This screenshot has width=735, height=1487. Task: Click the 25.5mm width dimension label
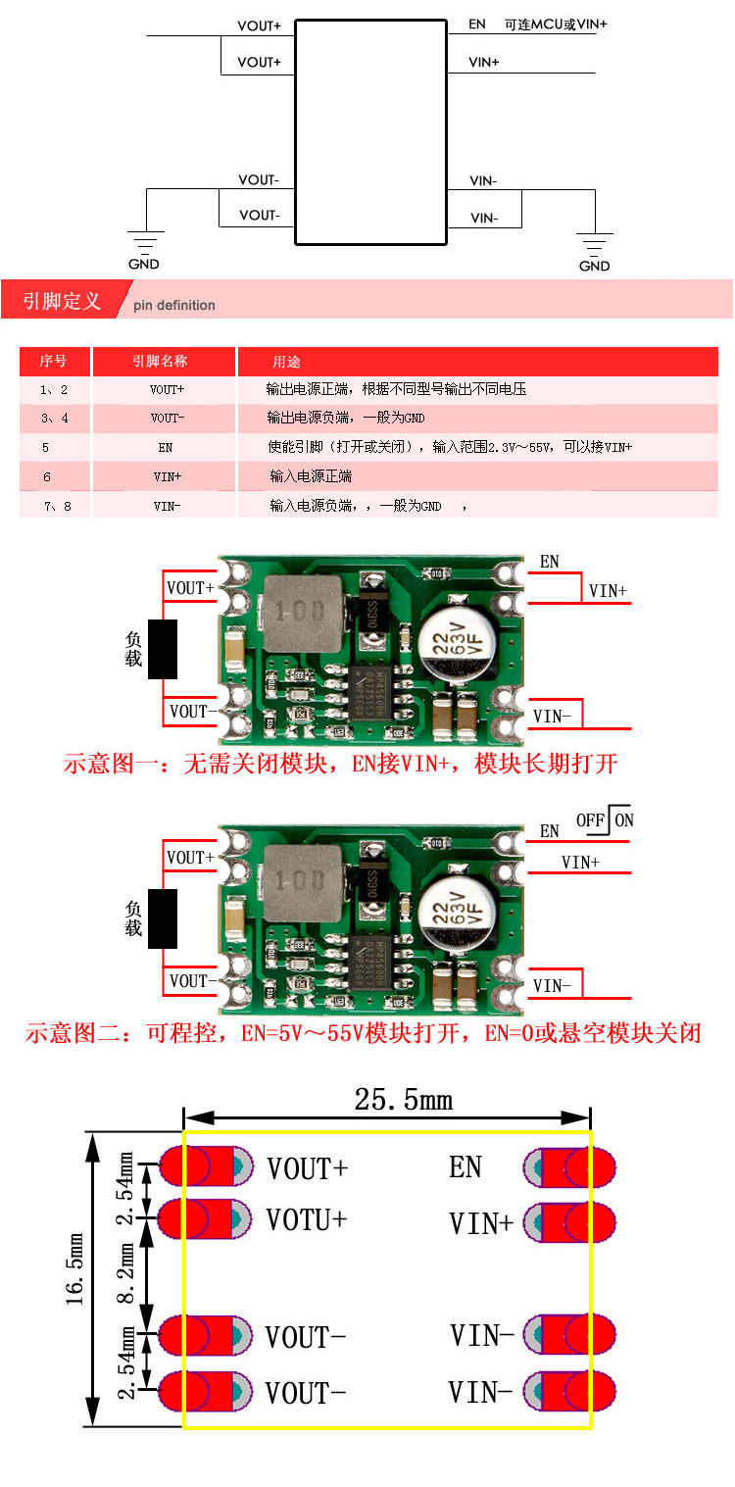pos(403,1099)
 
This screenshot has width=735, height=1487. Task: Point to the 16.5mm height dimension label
pos(75,1278)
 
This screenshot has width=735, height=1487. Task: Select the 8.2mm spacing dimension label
pos(127,1273)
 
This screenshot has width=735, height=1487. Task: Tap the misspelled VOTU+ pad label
pos(307,1219)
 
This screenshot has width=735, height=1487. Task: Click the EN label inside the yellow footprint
pos(465,1166)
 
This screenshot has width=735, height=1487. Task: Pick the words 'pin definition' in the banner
pos(173,305)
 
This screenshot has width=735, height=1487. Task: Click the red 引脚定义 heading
pos(62,300)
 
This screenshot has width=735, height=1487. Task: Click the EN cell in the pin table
pos(166,447)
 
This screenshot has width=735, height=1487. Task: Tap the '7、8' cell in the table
pos(54,506)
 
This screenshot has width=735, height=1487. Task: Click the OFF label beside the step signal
pos(591,819)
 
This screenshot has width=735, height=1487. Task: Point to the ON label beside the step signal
pos(624,819)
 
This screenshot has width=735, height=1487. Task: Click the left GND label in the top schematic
pos(143,264)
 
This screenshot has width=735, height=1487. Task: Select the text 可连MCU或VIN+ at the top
pos(555,24)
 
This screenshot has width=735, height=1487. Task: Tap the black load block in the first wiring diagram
pos(162,649)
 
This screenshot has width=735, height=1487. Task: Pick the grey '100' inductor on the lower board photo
pos(294,882)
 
